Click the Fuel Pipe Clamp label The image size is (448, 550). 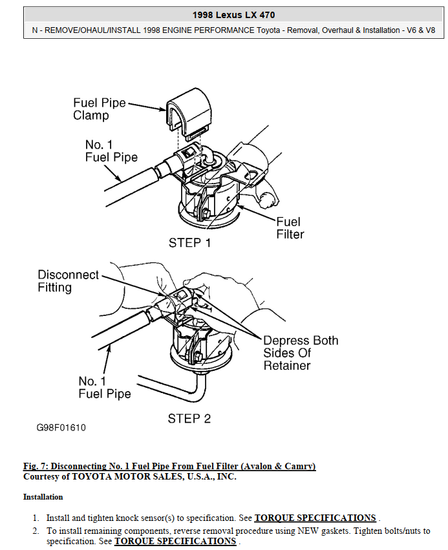(99, 109)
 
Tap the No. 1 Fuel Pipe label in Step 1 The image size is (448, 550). (111, 151)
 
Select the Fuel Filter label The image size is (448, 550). (290, 227)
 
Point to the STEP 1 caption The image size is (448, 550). (189, 243)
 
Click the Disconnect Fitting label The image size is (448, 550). (68, 280)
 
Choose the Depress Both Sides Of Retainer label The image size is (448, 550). (300, 353)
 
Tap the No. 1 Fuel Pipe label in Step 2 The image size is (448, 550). (104, 387)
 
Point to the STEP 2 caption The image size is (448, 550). (189, 418)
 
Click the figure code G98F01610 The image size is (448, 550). (61, 428)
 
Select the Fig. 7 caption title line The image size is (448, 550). (169, 466)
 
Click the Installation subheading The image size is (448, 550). (43, 497)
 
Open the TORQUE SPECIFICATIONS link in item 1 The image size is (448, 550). (315, 518)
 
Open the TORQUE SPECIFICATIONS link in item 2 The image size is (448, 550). (175, 541)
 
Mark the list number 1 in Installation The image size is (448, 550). (36, 518)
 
